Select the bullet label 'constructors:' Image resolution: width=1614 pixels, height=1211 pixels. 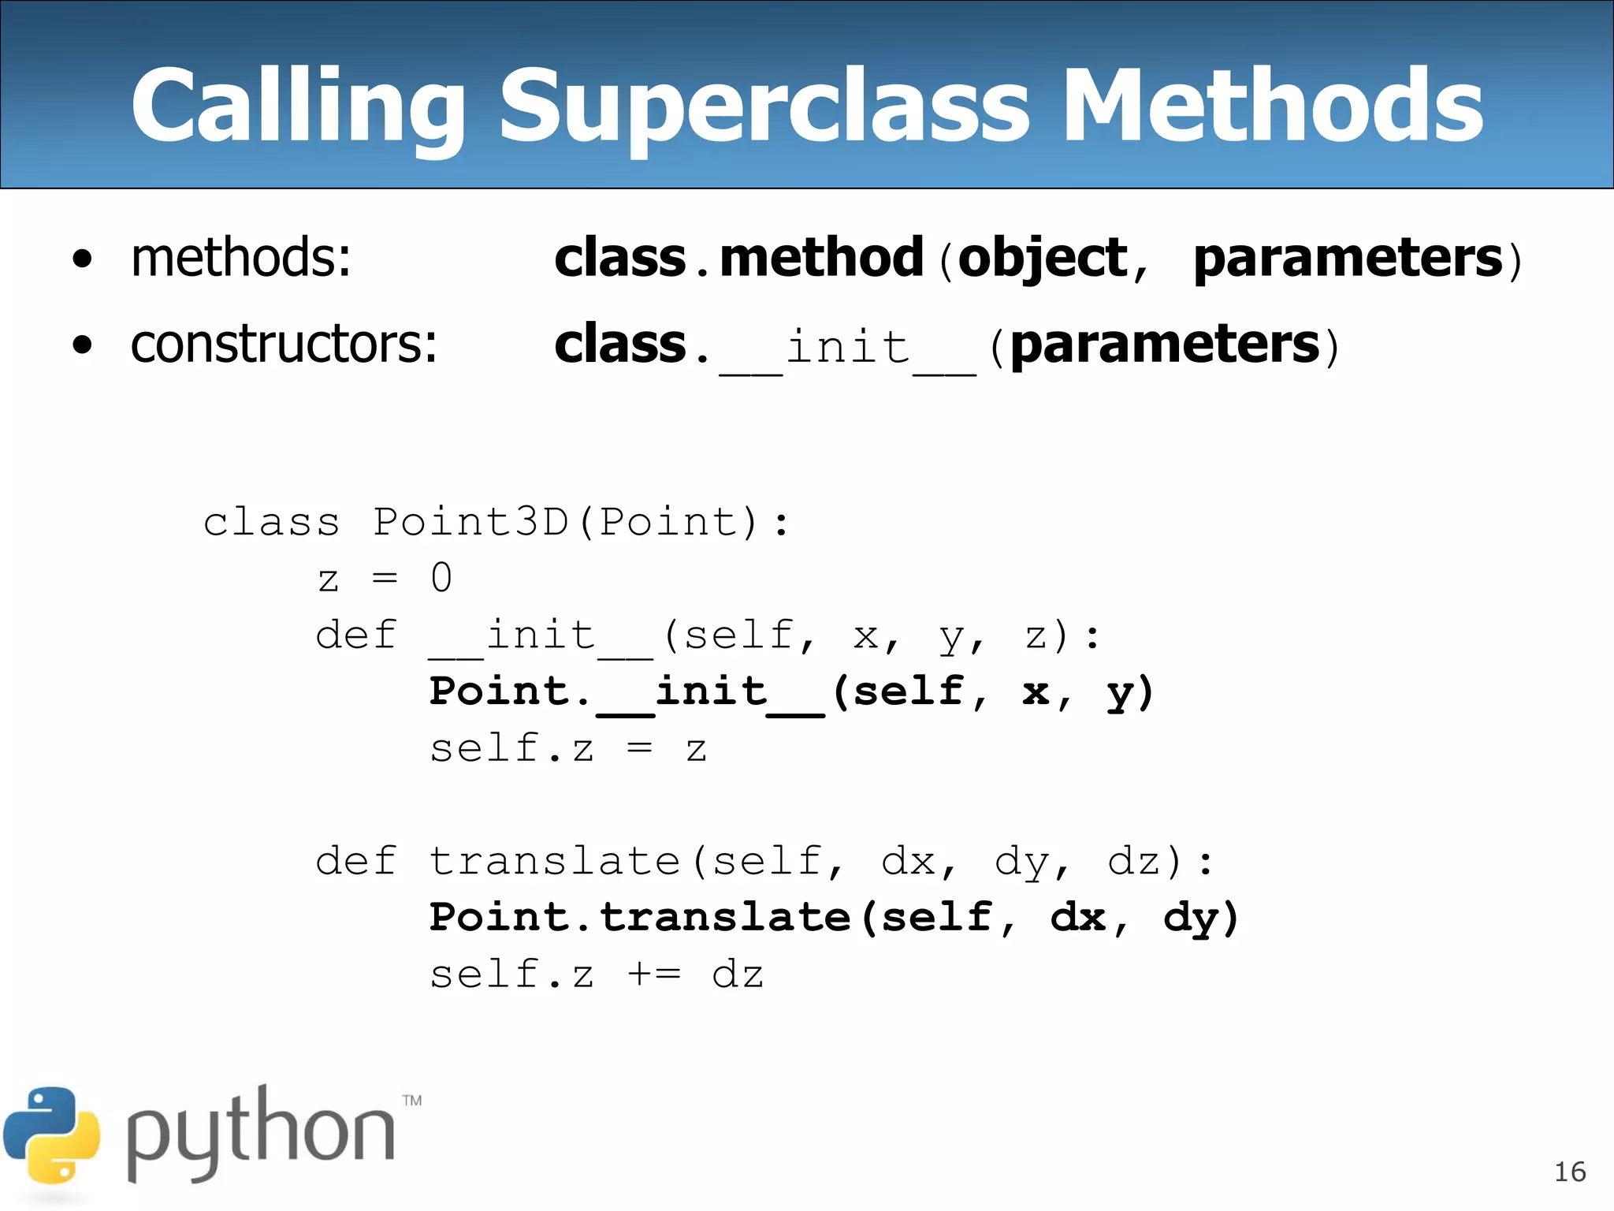[x=284, y=345]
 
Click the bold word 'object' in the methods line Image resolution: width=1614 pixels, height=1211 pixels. [x=1043, y=259]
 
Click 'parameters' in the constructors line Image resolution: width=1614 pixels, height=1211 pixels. [x=1165, y=345]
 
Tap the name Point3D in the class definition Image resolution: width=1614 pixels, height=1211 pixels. [x=470, y=522]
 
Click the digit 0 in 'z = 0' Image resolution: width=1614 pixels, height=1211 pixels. [x=441, y=578]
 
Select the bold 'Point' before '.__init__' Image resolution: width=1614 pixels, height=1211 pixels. [x=499, y=691]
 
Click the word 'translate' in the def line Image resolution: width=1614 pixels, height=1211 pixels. [x=555, y=861]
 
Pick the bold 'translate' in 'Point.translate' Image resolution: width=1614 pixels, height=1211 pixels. [x=725, y=918]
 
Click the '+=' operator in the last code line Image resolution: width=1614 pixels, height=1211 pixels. [x=654, y=974]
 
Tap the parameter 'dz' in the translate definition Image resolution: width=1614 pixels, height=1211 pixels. [x=1135, y=861]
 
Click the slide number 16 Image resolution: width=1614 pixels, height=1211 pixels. [x=1569, y=1172]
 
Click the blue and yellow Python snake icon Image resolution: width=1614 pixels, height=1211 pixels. [x=51, y=1135]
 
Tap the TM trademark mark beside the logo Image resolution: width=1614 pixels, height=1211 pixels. [x=412, y=1101]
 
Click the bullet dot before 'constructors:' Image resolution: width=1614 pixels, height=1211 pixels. [x=82, y=345]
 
